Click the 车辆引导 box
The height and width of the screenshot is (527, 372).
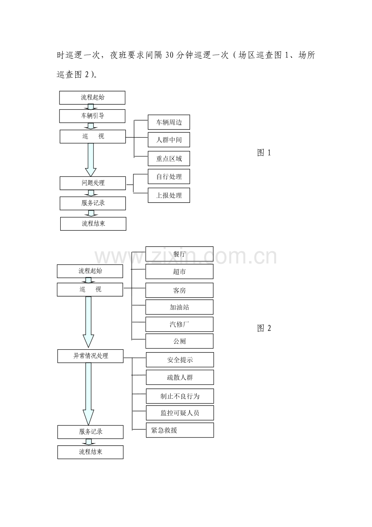pyautogui.click(x=92, y=116)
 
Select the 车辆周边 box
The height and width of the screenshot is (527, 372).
pyautogui.click(x=169, y=122)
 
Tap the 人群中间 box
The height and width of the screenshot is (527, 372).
pyautogui.click(x=169, y=140)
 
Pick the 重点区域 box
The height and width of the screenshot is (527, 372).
pyautogui.click(x=169, y=159)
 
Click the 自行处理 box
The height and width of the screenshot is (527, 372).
pyautogui.click(x=169, y=176)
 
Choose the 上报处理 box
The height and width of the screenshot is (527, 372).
pyautogui.click(x=169, y=195)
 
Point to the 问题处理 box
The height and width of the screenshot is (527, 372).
pyautogui.click(x=93, y=183)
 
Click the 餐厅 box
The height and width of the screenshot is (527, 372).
pyautogui.click(x=179, y=254)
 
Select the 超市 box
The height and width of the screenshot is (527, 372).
pyautogui.click(x=179, y=272)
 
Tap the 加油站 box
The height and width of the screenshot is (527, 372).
pyautogui.click(x=179, y=307)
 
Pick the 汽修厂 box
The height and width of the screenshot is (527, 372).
pyautogui.click(x=179, y=325)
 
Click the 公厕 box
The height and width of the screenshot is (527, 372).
pyautogui.click(x=179, y=341)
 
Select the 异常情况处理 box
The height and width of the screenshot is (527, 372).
pyautogui.click(x=90, y=356)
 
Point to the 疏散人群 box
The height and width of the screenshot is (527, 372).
pyautogui.click(x=180, y=377)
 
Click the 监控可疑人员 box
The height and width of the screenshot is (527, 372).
pyautogui.click(x=180, y=413)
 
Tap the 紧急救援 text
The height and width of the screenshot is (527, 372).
pyautogui.click(x=164, y=430)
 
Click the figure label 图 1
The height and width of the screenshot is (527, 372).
pyautogui.click(x=264, y=153)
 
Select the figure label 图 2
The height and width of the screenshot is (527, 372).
pyautogui.click(x=264, y=328)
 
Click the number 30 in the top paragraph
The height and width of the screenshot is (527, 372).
pyautogui.click(x=169, y=55)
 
